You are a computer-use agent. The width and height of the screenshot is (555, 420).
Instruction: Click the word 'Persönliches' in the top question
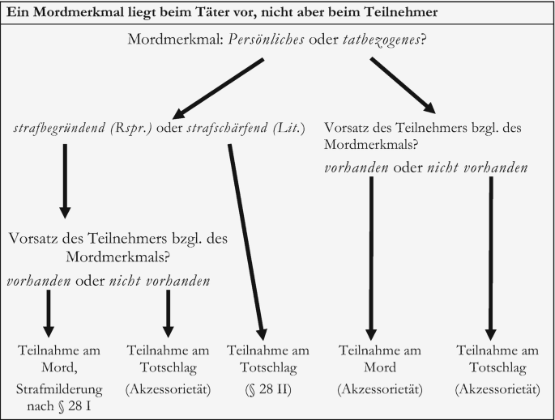pos(267,40)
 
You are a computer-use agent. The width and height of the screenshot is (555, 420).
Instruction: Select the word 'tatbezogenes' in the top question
pos(382,40)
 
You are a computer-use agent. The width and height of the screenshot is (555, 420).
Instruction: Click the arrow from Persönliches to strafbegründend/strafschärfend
pos(219,89)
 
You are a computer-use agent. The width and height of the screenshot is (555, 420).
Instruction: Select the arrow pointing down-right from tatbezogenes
pos(403,85)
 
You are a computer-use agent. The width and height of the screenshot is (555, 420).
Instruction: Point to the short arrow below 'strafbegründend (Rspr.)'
pos(65,181)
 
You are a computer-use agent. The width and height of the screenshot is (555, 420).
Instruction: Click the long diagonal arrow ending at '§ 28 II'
pos(247,242)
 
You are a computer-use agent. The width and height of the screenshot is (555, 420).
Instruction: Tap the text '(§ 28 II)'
pos(268,389)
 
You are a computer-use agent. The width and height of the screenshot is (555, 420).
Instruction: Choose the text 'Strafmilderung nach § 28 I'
pos(59,397)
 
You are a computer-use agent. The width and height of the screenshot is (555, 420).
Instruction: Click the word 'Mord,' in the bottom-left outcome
pos(59,367)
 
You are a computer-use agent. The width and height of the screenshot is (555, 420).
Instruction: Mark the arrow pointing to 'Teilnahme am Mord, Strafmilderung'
pos(49,314)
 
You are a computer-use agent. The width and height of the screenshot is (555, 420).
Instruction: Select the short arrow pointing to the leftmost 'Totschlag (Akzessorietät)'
pos(169,314)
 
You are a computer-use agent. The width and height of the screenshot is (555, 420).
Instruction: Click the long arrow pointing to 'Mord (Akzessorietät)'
pos(371,258)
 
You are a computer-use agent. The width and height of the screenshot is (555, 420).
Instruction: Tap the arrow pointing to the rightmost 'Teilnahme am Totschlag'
pos(491,258)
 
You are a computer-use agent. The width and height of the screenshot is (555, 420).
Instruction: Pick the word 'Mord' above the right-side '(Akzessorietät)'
pos(380,367)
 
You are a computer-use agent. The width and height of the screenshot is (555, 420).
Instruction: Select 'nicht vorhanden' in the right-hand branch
pos(477,168)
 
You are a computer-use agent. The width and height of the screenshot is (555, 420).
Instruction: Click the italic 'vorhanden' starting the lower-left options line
pos(39,282)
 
